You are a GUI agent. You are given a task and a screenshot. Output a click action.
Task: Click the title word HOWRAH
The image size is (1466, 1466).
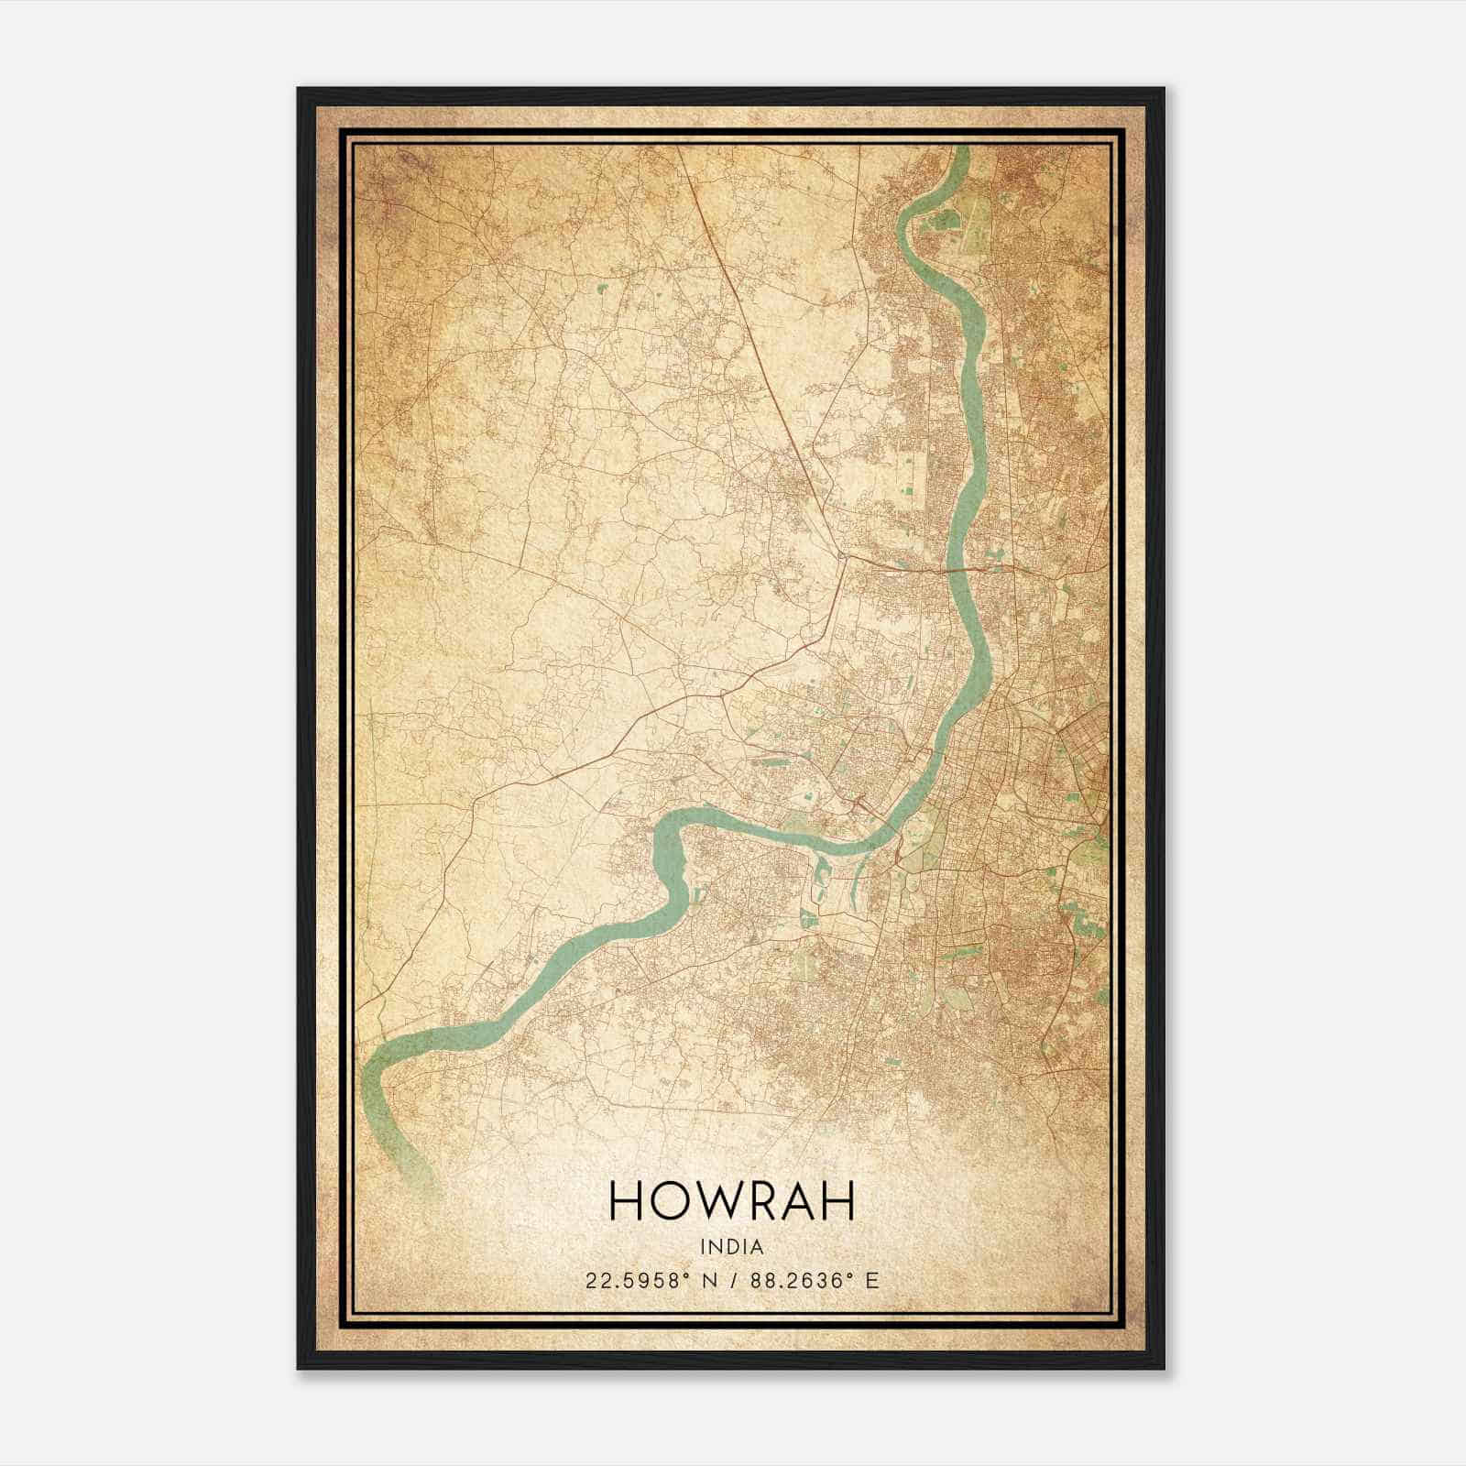click(x=731, y=1201)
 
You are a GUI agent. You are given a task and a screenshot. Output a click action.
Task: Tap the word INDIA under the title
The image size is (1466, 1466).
click(x=731, y=1247)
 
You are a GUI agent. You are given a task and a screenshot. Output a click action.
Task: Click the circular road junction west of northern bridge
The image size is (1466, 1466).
click(x=841, y=554)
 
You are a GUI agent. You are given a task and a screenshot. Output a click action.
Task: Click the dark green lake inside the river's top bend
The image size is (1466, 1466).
click(x=944, y=221)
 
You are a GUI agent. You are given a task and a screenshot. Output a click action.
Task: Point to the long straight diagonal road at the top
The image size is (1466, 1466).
click(x=733, y=275)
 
